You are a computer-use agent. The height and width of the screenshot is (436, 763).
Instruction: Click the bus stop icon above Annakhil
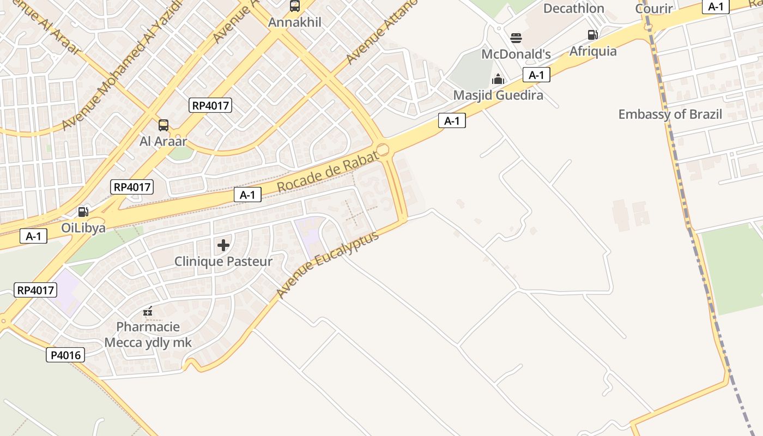295,6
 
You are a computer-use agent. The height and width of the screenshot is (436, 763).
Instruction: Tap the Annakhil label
295,22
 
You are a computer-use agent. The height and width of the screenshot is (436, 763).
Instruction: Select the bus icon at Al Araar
163,125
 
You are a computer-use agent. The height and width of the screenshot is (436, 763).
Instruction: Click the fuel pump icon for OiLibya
83,212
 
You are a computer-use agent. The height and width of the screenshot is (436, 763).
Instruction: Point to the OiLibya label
83,228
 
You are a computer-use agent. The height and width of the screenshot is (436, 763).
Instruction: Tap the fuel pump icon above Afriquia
593,35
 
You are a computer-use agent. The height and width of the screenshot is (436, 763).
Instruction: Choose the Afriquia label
593,51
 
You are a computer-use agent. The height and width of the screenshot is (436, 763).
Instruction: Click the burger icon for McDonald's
516,38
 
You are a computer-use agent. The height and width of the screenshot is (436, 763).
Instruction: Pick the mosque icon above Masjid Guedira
498,80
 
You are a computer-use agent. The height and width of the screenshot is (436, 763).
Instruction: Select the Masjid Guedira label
498,95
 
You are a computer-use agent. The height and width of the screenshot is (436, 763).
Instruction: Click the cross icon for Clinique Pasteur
223,245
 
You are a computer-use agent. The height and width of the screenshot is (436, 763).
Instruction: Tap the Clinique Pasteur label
223,262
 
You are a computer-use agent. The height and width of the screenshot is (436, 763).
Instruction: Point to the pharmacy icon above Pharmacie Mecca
148,311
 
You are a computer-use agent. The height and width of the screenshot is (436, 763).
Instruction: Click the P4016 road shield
65,355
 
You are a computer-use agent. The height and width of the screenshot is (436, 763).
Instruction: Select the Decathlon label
574,8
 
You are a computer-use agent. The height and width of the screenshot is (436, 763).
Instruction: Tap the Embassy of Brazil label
670,114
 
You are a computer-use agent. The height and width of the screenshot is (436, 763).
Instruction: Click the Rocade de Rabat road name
328,172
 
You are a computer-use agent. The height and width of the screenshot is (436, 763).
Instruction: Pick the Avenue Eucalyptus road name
327,265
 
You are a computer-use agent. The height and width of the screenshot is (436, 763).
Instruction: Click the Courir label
655,9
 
